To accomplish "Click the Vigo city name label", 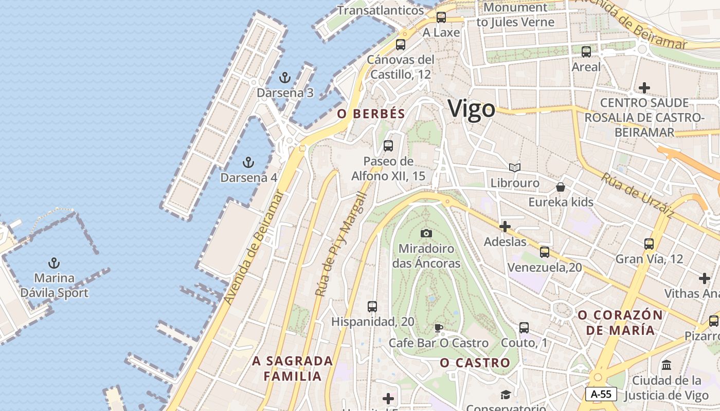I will point(472,109).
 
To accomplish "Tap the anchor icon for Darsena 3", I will point(284,78).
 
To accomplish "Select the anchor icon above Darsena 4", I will point(248,163).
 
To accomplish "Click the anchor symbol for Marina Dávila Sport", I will point(54,264).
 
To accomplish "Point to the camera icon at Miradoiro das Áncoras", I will point(426,234).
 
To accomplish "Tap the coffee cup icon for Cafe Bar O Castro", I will point(438,328).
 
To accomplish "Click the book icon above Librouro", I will point(514,167).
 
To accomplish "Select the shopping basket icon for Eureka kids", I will point(561,187).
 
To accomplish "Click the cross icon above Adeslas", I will point(505,227).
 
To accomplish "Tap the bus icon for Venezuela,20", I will point(544,252).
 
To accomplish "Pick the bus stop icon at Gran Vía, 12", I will point(649,244).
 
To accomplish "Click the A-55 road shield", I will point(601,394).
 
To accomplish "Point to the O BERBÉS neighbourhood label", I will point(371,114).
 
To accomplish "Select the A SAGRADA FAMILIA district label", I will point(293,368).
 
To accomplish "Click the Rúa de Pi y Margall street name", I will point(340,245).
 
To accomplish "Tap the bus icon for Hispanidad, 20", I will point(372,307).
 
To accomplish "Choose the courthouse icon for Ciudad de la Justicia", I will point(667,365).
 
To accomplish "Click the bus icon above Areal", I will point(586,52).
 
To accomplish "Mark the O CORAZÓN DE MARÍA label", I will point(620,322).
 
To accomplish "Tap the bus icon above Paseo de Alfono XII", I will point(388,146).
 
